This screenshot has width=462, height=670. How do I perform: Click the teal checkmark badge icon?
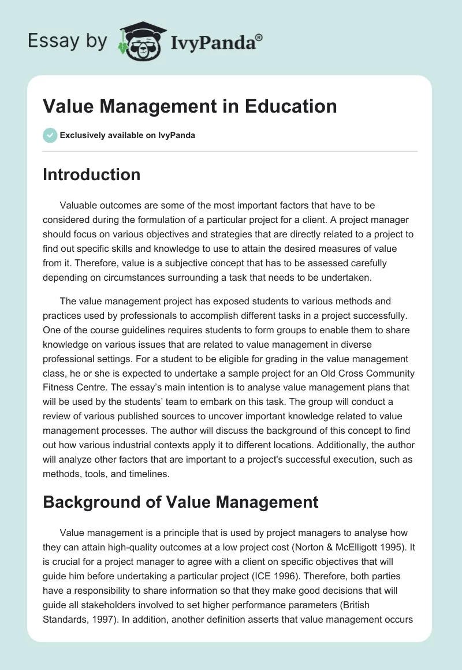(x=50, y=135)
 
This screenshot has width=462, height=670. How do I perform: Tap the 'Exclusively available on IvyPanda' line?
(x=128, y=136)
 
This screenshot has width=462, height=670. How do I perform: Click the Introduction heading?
(x=91, y=174)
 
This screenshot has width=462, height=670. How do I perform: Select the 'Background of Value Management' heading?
(x=180, y=501)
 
